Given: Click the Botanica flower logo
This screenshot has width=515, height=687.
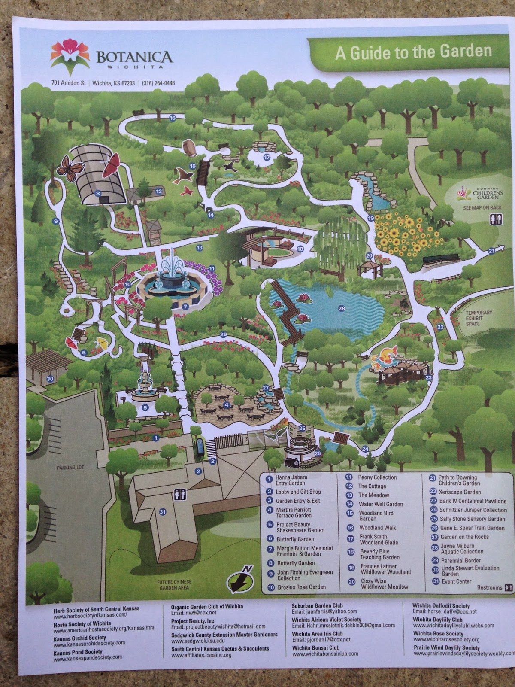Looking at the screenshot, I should tap(70, 53).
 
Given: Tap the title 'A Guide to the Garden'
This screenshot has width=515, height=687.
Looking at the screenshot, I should tap(413, 52).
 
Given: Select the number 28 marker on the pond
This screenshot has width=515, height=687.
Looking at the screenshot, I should tap(342, 308).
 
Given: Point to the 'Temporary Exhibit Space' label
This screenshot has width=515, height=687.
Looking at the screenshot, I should tap(479, 318).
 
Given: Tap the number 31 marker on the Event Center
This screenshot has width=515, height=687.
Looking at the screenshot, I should tap(162, 511).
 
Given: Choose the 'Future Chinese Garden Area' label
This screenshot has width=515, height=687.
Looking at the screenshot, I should tap(174, 585).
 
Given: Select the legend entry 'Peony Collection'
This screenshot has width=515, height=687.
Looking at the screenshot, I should tap(377, 477).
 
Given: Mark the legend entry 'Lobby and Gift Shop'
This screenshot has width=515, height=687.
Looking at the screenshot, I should tap(298, 492).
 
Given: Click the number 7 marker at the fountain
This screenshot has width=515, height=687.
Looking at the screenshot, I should tap(185, 307).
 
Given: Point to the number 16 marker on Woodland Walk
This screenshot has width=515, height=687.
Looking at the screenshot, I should tap(173, 118).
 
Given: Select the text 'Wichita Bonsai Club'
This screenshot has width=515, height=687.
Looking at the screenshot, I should tap(315, 647).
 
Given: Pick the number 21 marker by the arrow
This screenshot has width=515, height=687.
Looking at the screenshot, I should tap(491, 250).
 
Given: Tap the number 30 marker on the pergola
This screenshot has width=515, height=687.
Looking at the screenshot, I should tap(50, 379).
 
